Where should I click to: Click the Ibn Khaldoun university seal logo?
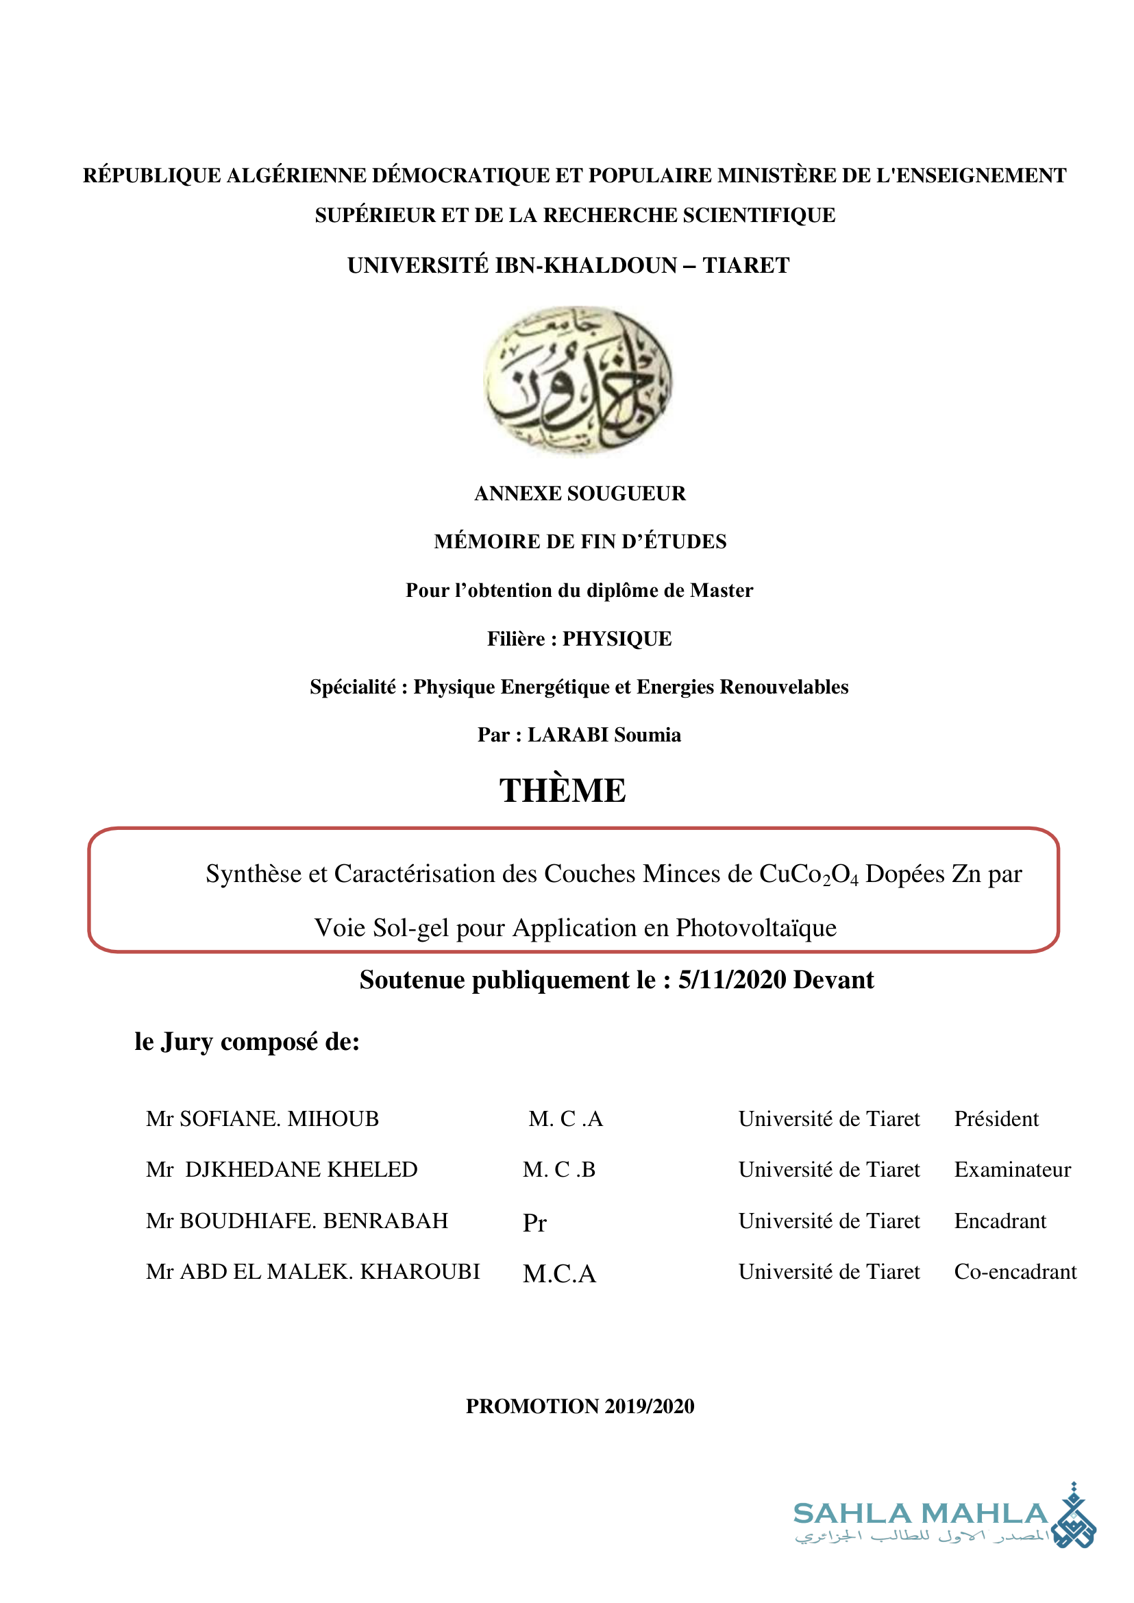pos(578,380)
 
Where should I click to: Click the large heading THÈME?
pos(562,791)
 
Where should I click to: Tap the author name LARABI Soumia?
pos(604,735)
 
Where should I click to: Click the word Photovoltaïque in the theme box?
pos(756,927)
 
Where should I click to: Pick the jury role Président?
pos(996,1119)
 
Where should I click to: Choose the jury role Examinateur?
pos(1012,1169)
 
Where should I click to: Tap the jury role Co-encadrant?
pos(1015,1271)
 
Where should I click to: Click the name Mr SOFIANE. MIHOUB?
pos(262,1119)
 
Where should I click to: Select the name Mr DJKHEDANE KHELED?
pos(282,1169)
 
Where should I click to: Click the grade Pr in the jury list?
pos(534,1223)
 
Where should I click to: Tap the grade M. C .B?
pos(558,1169)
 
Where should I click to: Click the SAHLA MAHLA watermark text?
pos(920,1514)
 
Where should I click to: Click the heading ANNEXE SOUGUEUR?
pos(580,493)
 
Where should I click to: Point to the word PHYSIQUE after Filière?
pos(617,639)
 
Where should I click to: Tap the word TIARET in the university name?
pos(745,265)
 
